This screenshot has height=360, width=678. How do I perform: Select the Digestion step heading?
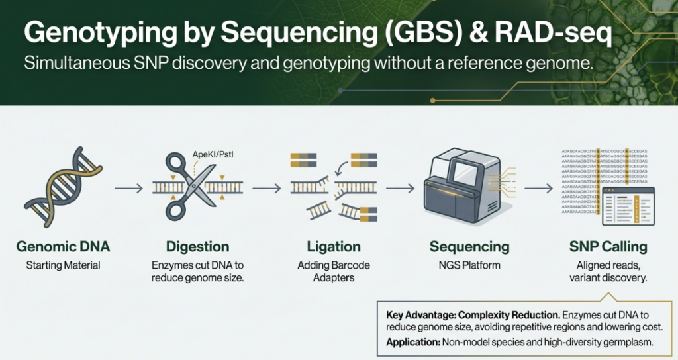[x=197, y=247]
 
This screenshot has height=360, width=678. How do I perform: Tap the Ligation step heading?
[x=334, y=247]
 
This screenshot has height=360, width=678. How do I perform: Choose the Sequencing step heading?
[x=469, y=247]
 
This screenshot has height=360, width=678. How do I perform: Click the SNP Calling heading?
[x=606, y=247]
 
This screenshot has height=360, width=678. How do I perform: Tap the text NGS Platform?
[x=469, y=265]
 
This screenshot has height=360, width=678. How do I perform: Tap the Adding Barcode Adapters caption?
[x=334, y=271]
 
